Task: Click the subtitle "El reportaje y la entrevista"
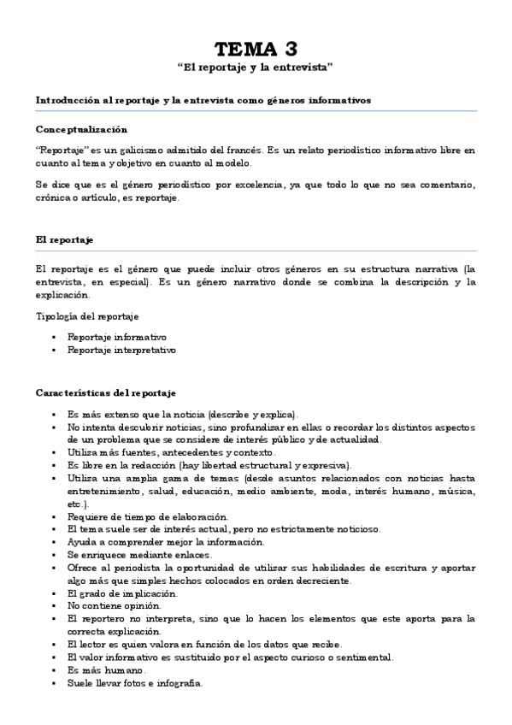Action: click(256, 66)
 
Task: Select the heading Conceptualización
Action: click(82, 129)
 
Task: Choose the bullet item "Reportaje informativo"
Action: click(117, 337)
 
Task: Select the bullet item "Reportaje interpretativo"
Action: click(122, 350)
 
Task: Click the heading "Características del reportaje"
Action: click(106, 393)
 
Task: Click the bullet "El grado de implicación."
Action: click(122, 592)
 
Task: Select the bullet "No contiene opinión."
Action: click(112, 605)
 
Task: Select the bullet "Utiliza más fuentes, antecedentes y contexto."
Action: click(172, 451)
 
